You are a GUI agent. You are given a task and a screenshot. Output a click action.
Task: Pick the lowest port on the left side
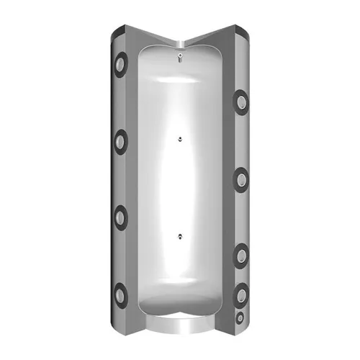pyautogui.click(x=119, y=291)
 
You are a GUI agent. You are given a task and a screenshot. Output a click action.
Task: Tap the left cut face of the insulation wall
pyautogui.click(x=132, y=180)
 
